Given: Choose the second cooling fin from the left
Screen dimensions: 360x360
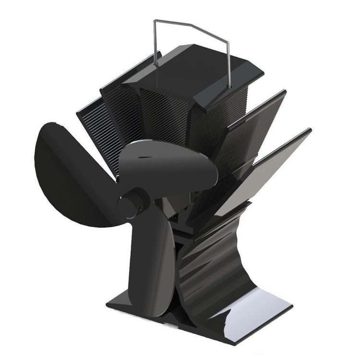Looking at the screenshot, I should (115, 110).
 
